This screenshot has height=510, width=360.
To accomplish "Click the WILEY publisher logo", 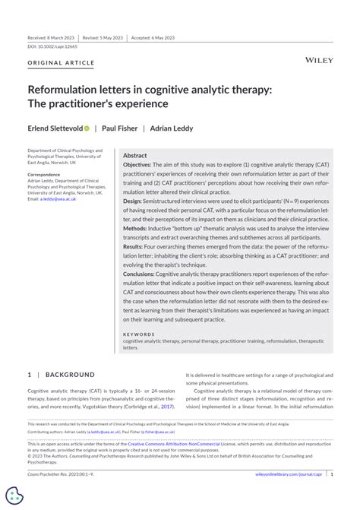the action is pyautogui.click(x=318, y=59).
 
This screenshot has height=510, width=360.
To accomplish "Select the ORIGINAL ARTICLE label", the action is pyautogui.click(x=61, y=62).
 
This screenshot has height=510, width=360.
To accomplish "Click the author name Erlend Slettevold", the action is pyautogui.click(x=55, y=128).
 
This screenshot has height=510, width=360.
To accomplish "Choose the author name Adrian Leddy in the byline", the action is pyautogui.click(x=172, y=128).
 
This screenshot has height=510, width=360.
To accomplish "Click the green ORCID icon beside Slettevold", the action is pyautogui.click(x=87, y=128).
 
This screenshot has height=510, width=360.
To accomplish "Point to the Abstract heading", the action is pyautogui.click(x=135, y=154).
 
